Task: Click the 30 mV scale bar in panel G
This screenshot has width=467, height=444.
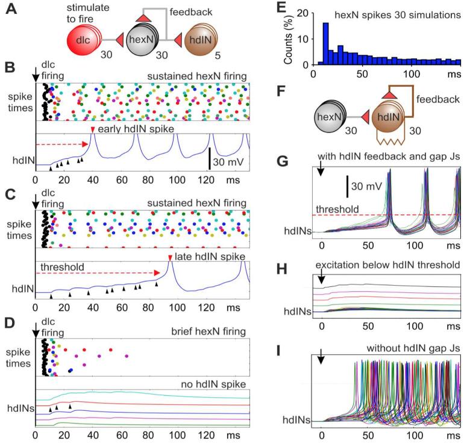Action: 347,188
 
